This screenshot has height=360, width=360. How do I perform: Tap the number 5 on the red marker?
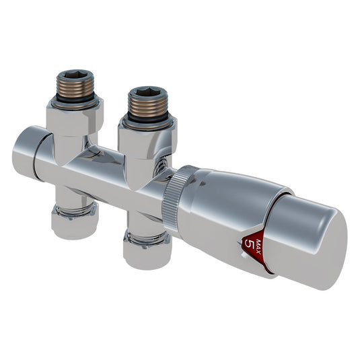pyautogui.click(x=251, y=244)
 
